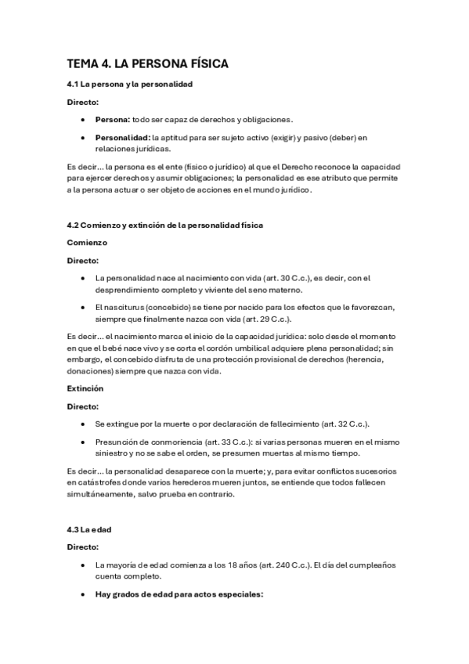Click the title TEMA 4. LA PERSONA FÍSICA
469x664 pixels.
(147, 63)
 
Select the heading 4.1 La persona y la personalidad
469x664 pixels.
(129, 83)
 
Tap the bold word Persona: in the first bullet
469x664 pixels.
(112, 120)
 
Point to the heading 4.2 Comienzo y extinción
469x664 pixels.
(164, 225)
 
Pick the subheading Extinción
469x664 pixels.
(85, 388)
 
